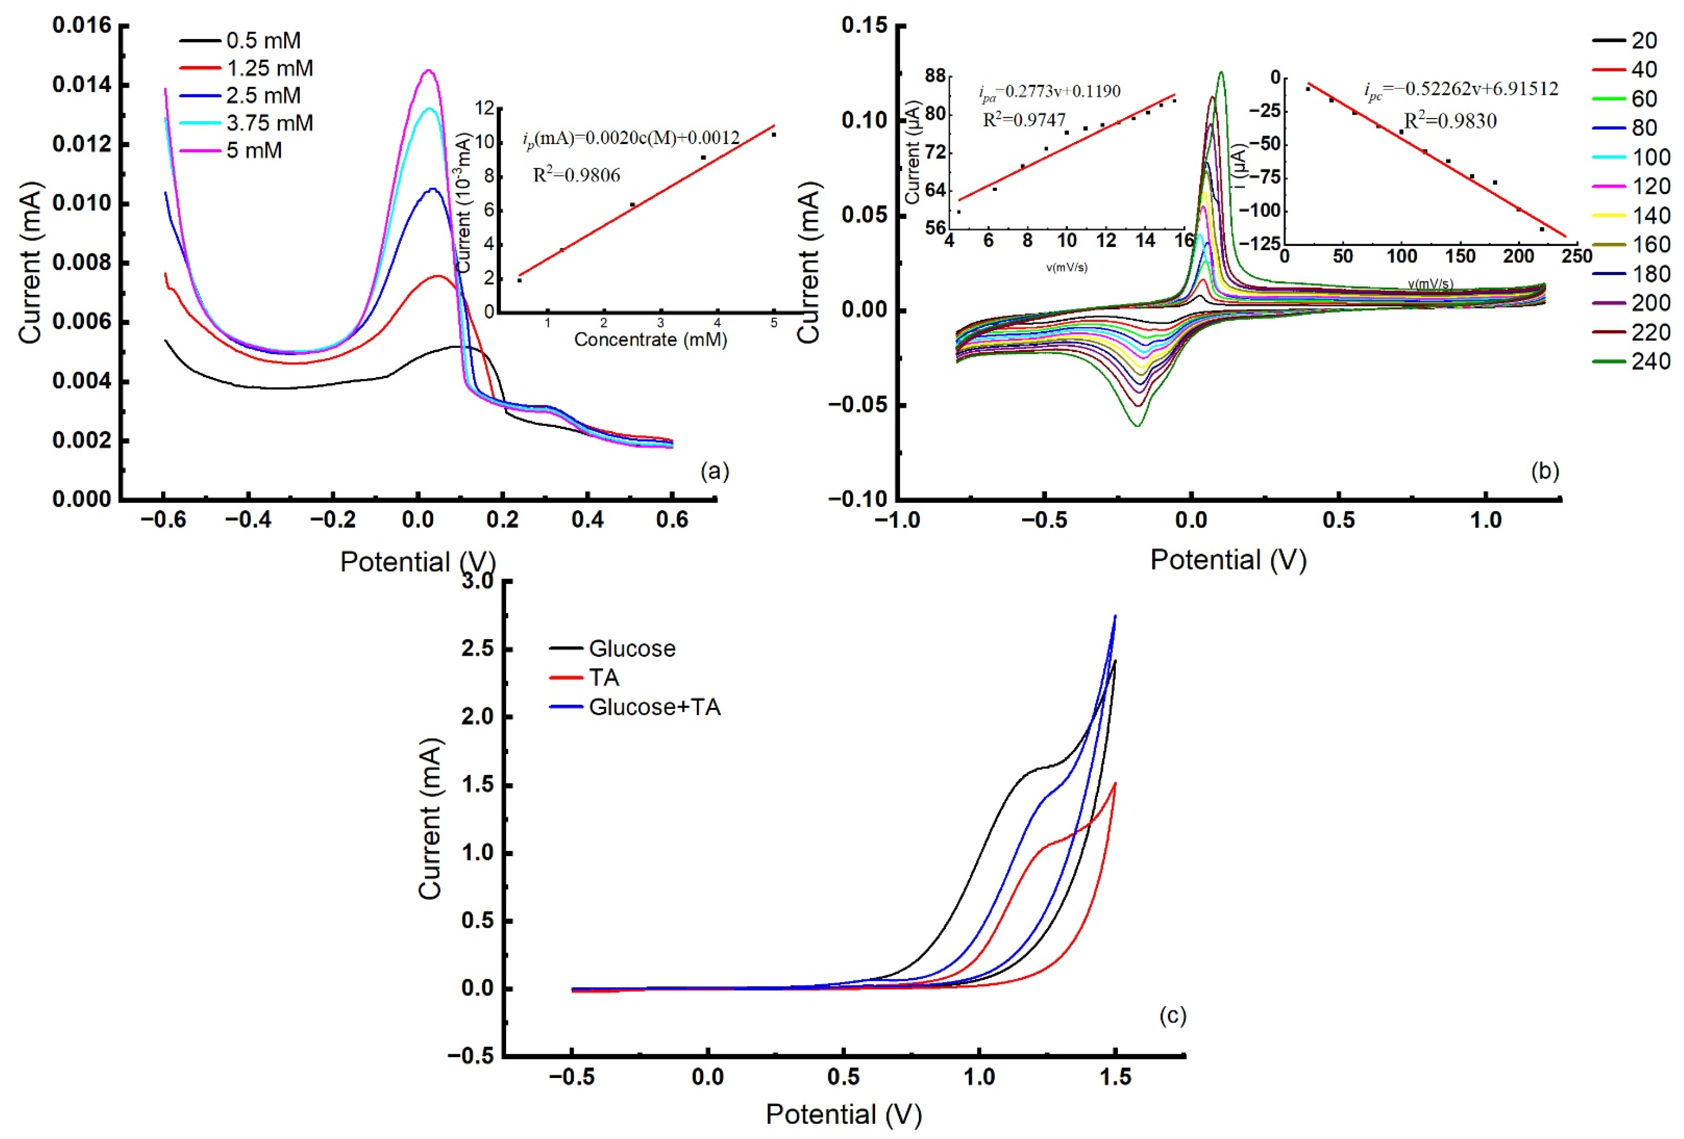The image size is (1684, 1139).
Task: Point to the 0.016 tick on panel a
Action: (82, 26)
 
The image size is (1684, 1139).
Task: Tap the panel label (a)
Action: (714, 472)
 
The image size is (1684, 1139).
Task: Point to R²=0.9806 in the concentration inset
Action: (577, 175)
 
